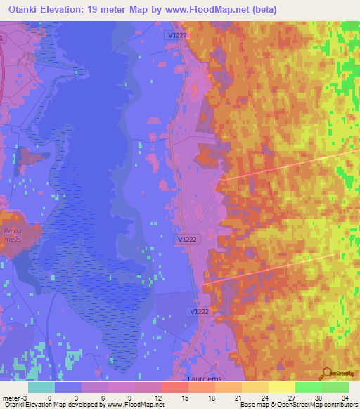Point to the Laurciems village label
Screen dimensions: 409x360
(210, 377)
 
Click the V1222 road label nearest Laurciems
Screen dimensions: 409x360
(200, 311)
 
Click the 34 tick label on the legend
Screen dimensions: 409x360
(345, 397)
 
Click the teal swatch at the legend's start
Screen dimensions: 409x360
(41, 387)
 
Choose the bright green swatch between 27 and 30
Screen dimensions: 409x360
(308, 387)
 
